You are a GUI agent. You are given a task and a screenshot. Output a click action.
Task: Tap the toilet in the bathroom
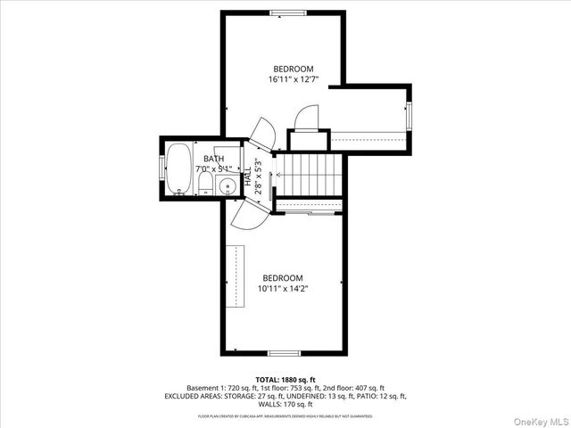point(205,185)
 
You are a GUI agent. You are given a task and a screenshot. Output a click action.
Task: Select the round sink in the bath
point(228,186)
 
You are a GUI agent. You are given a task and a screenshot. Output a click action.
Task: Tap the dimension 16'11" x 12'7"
point(294,79)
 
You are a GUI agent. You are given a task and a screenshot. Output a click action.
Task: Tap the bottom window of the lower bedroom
point(284,353)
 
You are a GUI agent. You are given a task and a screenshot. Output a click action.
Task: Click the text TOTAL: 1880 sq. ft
point(285,380)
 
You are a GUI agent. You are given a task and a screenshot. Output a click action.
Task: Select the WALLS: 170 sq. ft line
point(285,404)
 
